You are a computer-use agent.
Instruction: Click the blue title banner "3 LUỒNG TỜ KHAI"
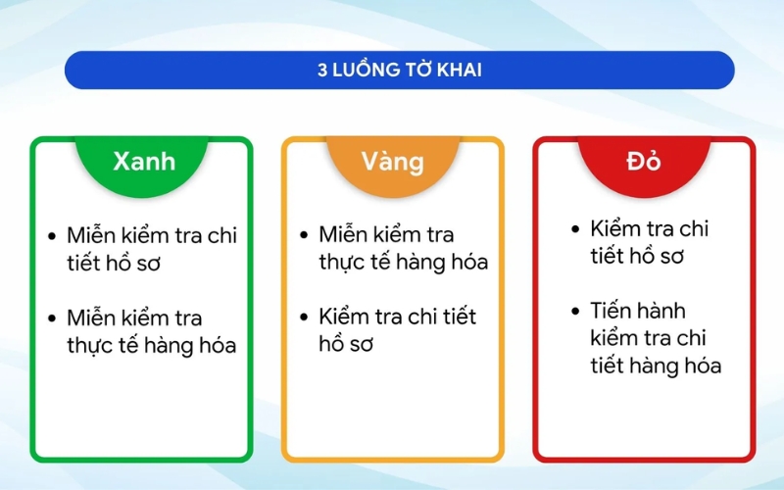399,70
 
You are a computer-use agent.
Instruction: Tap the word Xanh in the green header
143,161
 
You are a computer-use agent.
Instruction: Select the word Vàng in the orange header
392,161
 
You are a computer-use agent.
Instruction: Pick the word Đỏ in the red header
644,161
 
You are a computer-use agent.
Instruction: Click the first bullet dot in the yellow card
304,235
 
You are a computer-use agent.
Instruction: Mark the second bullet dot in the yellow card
304,318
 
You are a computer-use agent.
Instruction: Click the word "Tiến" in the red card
612,311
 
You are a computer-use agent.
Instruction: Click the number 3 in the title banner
321,71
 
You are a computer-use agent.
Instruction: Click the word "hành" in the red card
664,311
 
